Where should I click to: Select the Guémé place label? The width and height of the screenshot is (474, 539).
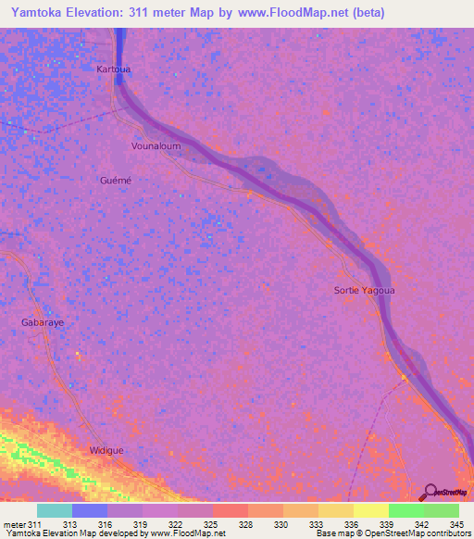click(116, 180)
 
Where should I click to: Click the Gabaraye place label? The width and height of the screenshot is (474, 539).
click(42, 322)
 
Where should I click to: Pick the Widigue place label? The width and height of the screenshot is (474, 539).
click(106, 450)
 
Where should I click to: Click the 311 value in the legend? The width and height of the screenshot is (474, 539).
click(35, 525)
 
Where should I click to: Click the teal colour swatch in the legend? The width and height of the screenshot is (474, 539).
click(55, 510)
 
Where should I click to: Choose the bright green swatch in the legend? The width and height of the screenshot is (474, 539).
click(405, 510)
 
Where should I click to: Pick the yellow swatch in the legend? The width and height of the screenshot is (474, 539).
click(370, 510)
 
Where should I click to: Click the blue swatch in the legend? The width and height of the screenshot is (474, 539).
click(90, 510)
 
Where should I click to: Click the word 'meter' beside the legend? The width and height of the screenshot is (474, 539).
click(14, 525)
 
